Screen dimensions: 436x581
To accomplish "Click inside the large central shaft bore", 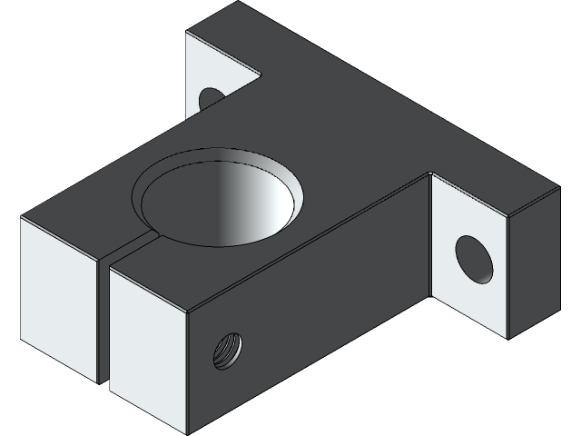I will pos(218,204).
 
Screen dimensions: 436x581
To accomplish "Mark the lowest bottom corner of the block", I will pos(186,431).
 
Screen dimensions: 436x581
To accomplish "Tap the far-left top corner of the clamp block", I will pos(21,219).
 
